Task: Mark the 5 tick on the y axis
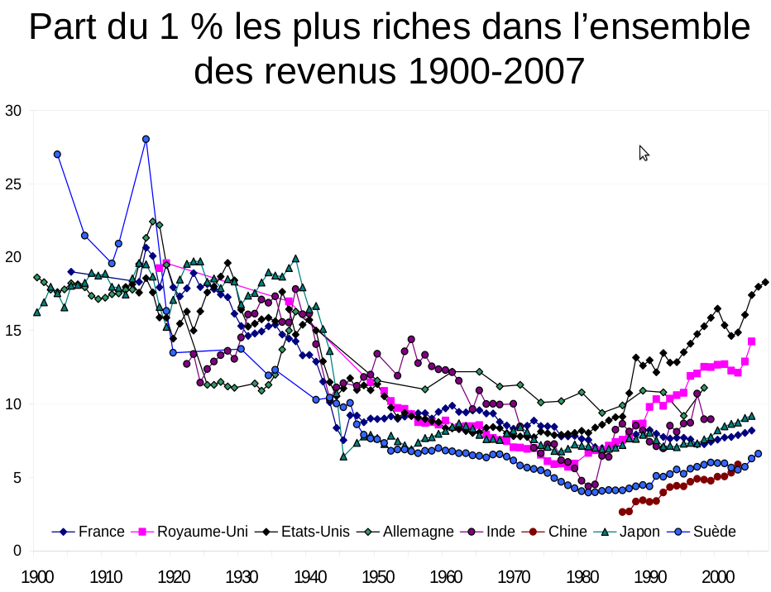coord(17,477)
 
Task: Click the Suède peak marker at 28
coord(146,139)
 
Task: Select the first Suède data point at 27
coord(57,155)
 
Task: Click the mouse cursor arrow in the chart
coord(644,153)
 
